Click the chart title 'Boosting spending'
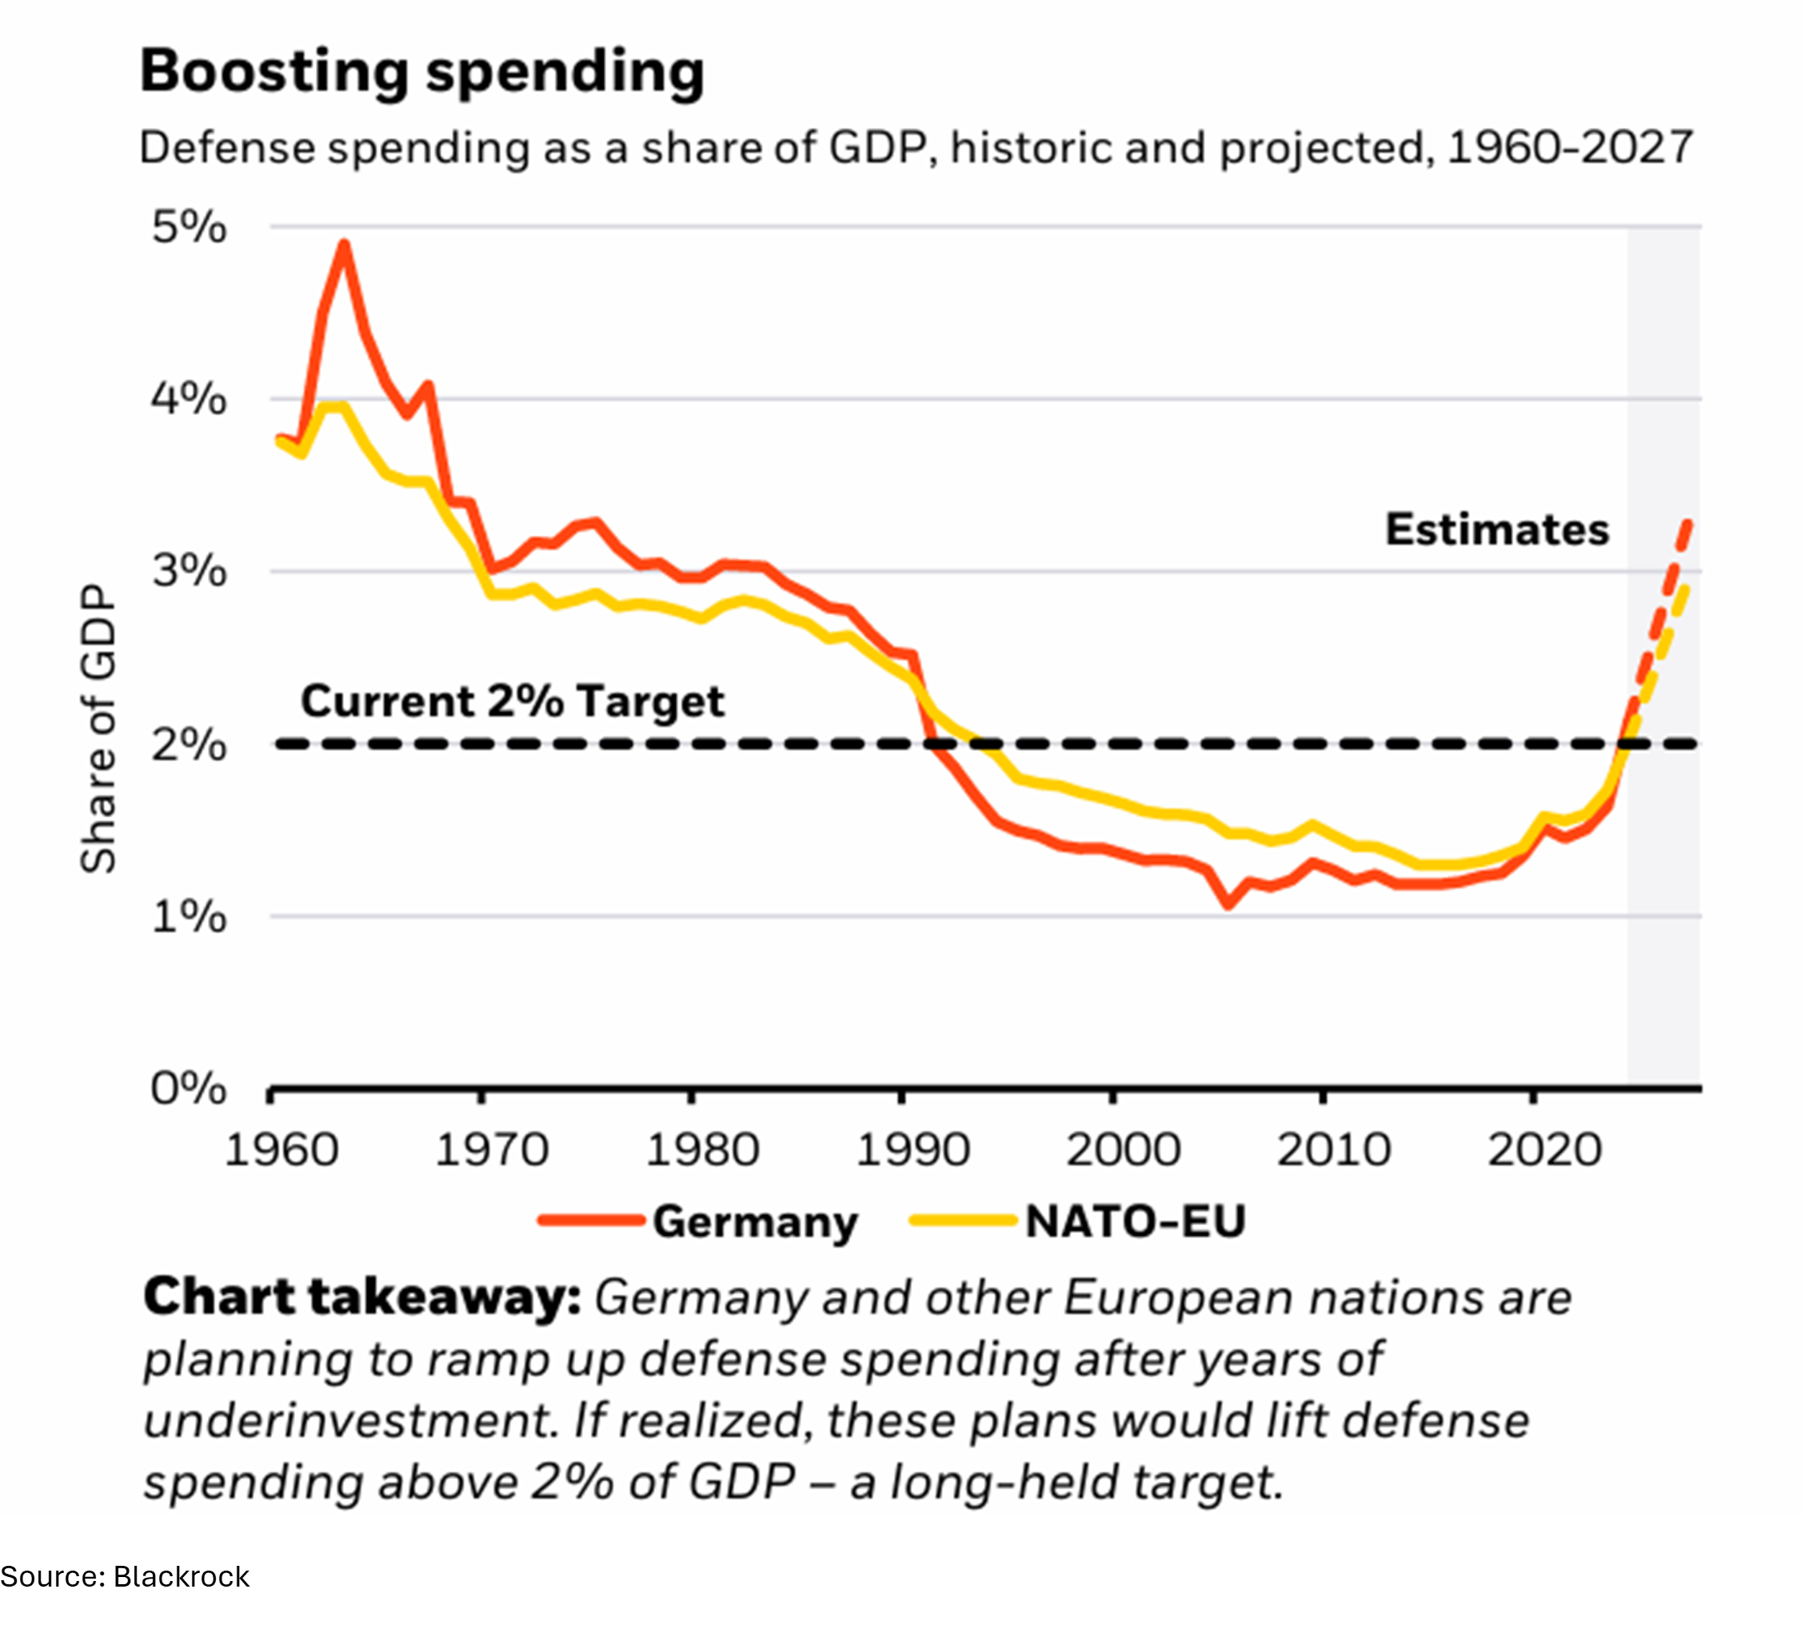pos(421,72)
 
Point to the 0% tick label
pos(189,1090)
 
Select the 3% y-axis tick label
pos(189,571)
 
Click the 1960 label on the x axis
pos(282,1150)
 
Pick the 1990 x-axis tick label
pos(912,1150)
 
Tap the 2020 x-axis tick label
pos(1544,1150)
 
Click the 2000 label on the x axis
pos(1124,1150)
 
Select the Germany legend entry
pos(698,1221)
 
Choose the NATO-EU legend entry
pos(1078,1221)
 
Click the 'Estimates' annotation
pos(1497,530)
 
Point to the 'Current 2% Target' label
pos(512,701)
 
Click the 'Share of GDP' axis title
pos(98,730)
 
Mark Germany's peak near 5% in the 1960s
pos(344,245)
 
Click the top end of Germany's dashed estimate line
pos(1688,522)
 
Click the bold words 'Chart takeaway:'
pos(362,1298)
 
